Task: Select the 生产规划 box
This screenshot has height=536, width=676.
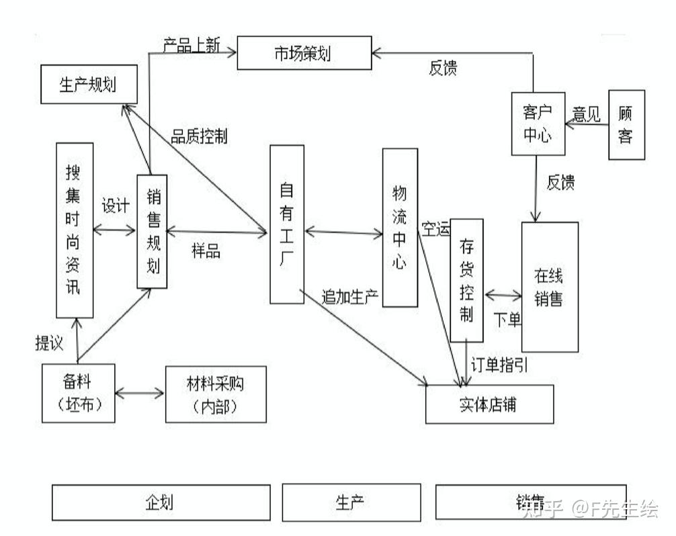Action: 89,85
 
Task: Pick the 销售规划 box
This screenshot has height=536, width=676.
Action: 152,231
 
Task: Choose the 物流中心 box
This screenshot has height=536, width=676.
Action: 400,228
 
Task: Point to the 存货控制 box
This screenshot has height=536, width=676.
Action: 467,279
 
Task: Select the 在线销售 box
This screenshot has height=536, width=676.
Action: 549,287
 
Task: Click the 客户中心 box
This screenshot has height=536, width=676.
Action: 536,124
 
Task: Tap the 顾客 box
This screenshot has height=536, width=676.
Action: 626,125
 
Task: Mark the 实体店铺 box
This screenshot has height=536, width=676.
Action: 490,404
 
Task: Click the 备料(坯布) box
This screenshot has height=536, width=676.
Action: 79,393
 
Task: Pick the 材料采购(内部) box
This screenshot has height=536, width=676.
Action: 215,394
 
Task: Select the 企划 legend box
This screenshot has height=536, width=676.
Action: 161,502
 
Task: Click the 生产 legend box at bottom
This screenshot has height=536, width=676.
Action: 351,502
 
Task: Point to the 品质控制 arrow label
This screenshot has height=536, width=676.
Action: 199,137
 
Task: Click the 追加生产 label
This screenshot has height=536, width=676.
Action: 349,296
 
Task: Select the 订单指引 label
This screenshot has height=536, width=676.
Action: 498,365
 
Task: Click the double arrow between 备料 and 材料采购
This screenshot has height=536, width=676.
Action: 140,392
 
